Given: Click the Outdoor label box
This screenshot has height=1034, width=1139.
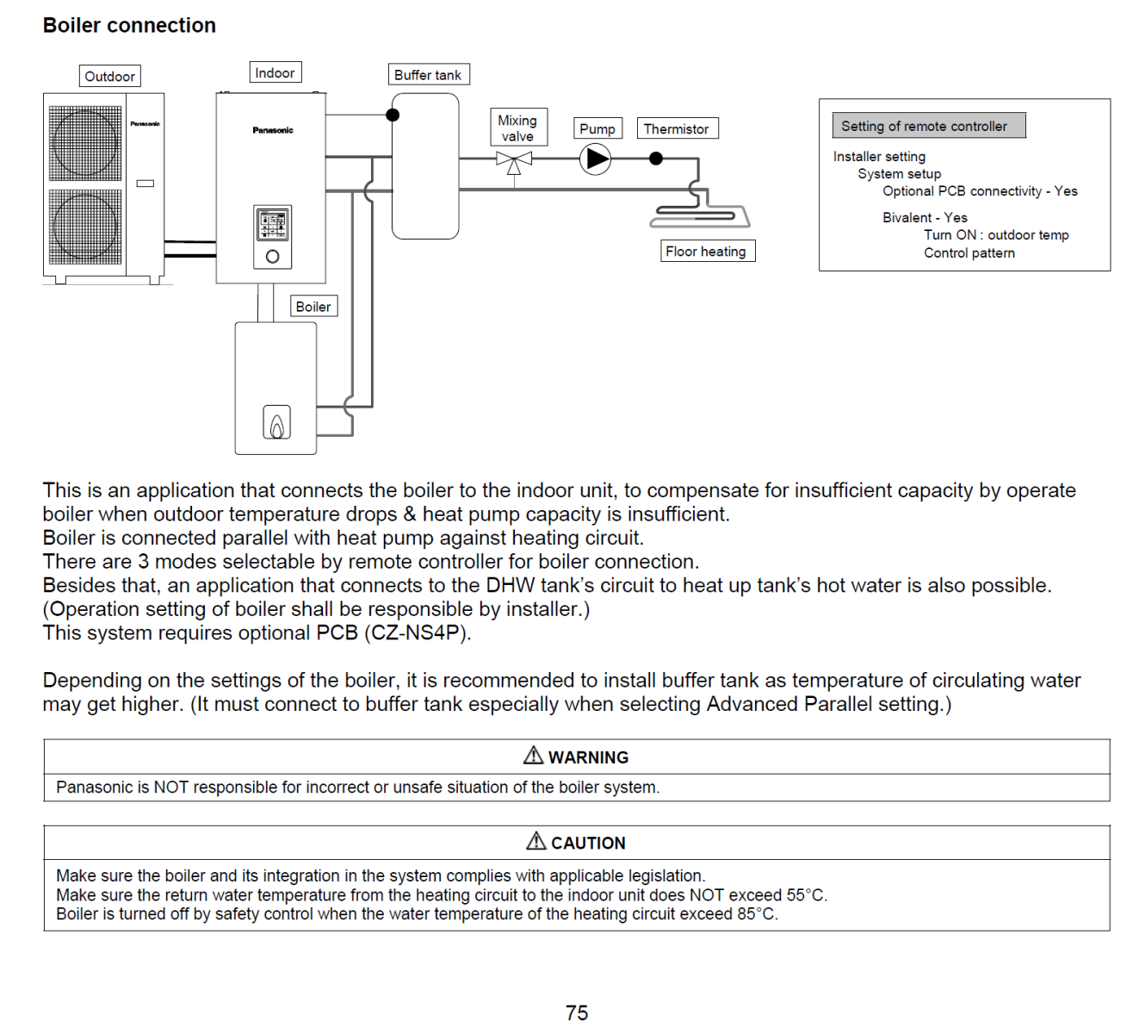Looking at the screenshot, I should pos(109,76).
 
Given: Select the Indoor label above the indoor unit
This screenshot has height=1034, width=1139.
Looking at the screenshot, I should pos(275,72).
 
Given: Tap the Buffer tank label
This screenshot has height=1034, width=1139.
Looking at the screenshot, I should pos(428,75).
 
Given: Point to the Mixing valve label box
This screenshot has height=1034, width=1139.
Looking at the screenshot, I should pos(517,128).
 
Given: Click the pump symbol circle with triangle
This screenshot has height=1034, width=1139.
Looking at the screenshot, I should pos(595,159).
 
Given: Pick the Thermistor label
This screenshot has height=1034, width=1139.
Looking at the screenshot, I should pos(677,128).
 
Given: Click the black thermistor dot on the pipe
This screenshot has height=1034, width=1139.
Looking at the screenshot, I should pos(656,159).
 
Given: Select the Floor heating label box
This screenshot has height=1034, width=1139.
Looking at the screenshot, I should pos(706,251).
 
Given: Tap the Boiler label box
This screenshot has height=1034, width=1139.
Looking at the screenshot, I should pos(313,306).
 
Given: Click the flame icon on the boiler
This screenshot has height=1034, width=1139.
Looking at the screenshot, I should pos(276,423).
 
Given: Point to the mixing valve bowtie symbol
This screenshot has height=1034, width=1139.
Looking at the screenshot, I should pos(514,159).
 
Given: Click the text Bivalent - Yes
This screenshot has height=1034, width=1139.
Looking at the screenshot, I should pos(925,217).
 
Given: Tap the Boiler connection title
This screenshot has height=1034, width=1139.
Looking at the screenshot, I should pos(129,25).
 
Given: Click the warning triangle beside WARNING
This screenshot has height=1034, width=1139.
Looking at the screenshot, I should pos(533,756).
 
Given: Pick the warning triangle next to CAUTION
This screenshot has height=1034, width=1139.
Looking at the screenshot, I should pos(536,841).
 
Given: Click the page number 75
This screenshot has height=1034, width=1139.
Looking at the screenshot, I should pos(577,1012).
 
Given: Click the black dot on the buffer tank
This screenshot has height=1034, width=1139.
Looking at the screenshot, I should pos(393,115).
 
